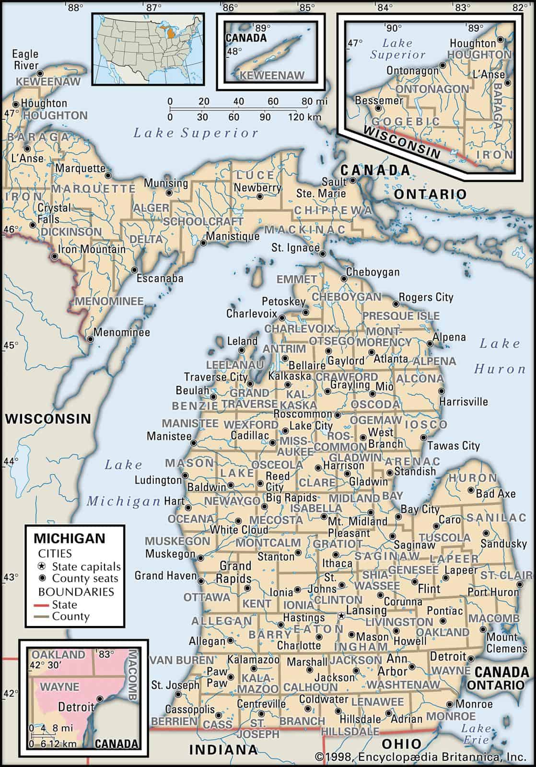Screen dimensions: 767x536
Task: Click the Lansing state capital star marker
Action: point(341,615)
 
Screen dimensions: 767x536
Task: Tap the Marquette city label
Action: point(80,168)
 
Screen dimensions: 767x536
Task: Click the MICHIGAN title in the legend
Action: point(69,538)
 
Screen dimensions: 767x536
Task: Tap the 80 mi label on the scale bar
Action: point(315,102)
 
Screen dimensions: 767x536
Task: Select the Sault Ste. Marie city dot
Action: point(353,181)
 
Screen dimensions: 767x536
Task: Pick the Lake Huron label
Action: point(500,356)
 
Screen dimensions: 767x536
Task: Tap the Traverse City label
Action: point(216,377)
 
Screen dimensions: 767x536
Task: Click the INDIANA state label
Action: point(223,749)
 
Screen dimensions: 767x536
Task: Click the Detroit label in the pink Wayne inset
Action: point(76,707)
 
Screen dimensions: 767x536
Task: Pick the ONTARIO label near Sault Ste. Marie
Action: point(430,194)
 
